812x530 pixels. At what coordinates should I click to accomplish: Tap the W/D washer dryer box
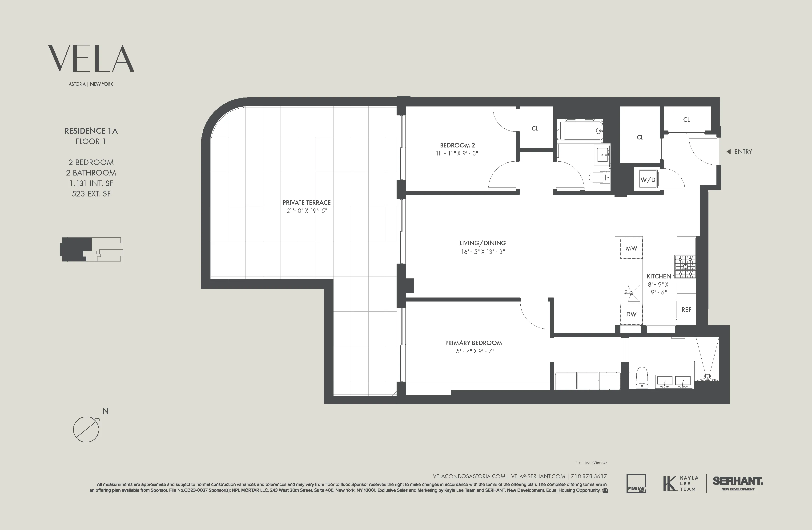coord(647,180)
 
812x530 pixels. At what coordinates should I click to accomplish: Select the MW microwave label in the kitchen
coord(631,248)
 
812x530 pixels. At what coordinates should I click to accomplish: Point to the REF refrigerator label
coord(686,309)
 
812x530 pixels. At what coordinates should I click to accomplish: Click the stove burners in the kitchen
coord(685,266)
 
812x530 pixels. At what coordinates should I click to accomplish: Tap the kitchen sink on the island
coord(633,293)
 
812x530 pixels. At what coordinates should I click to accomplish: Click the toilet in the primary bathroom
coord(642,377)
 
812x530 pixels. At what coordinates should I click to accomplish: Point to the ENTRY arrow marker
coord(728,152)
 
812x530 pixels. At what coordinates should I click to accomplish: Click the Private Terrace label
coord(306,203)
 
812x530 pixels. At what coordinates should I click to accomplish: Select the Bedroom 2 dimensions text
coord(457,153)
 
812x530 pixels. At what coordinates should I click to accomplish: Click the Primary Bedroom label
coord(473,343)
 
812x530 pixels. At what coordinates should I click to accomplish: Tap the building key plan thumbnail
coord(91,249)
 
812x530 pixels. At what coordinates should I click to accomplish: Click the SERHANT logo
coord(738,481)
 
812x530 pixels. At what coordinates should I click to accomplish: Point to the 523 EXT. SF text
coord(91,194)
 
